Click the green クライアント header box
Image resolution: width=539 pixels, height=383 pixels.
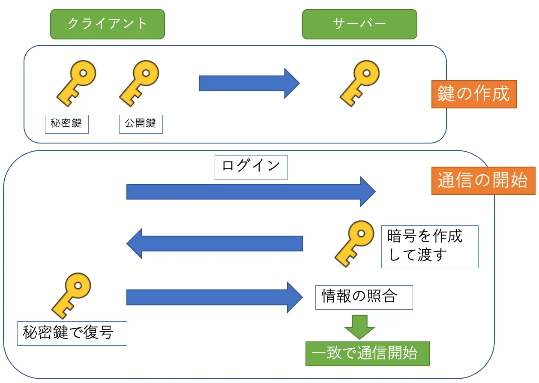click(108, 24)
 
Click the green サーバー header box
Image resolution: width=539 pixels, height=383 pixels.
click(359, 24)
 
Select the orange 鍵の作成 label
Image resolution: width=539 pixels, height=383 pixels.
click(473, 94)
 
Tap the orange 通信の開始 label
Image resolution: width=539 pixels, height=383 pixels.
click(482, 180)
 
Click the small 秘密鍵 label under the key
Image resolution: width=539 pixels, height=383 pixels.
click(66, 124)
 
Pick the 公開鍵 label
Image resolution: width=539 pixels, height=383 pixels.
click(141, 124)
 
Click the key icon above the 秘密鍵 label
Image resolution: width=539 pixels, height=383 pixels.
click(76, 83)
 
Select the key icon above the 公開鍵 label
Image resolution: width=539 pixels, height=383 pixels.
click(139, 83)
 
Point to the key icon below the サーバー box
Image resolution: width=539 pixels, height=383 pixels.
click(359, 83)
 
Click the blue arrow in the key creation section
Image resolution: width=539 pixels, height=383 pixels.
click(249, 83)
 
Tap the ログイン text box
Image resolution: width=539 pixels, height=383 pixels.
click(251, 167)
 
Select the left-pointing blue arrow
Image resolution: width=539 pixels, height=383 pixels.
click(215, 243)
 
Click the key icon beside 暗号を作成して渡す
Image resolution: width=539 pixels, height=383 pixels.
click(354, 243)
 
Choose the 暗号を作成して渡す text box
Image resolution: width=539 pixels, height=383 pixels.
click(429, 246)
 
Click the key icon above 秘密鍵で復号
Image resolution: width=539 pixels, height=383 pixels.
click(71, 296)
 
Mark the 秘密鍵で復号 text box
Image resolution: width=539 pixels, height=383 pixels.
click(72, 333)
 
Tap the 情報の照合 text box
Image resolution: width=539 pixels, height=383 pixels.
click(364, 297)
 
